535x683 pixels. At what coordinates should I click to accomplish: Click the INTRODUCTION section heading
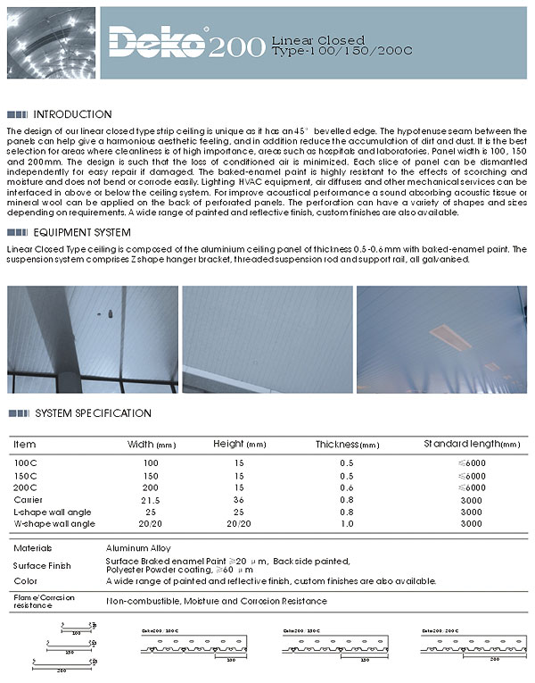click(72, 114)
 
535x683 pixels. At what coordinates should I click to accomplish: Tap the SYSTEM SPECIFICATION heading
click(93, 413)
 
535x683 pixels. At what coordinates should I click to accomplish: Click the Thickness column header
click(347, 445)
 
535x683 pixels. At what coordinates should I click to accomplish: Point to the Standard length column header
click(471, 445)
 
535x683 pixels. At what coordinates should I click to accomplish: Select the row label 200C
click(25, 488)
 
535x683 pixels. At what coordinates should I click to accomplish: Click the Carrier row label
click(29, 500)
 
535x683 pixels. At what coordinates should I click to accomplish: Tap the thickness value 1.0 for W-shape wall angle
click(347, 523)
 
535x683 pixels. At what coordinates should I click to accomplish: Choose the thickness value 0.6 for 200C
click(347, 488)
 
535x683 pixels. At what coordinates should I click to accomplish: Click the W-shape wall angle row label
click(54, 523)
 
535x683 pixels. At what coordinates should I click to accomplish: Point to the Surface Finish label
click(40, 565)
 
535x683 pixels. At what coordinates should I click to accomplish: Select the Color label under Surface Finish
click(27, 581)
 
